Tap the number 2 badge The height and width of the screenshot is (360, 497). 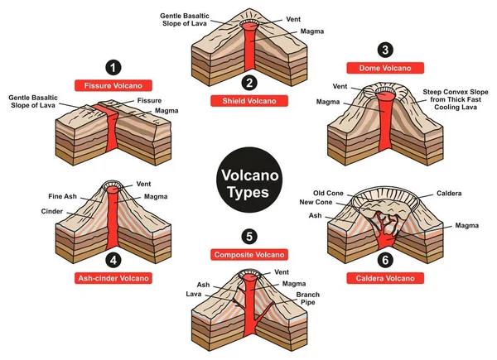click(x=248, y=82)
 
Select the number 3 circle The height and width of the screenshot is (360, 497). click(x=384, y=47)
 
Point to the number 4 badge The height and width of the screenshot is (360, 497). click(x=113, y=259)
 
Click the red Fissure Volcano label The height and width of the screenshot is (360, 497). click(x=113, y=84)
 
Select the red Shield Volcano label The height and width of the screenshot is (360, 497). click(x=248, y=100)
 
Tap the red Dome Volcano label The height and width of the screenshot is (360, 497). click(x=384, y=66)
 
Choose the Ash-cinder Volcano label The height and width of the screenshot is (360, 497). click(x=113, y=278)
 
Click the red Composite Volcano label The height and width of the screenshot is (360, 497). click(x=248, y=253)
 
